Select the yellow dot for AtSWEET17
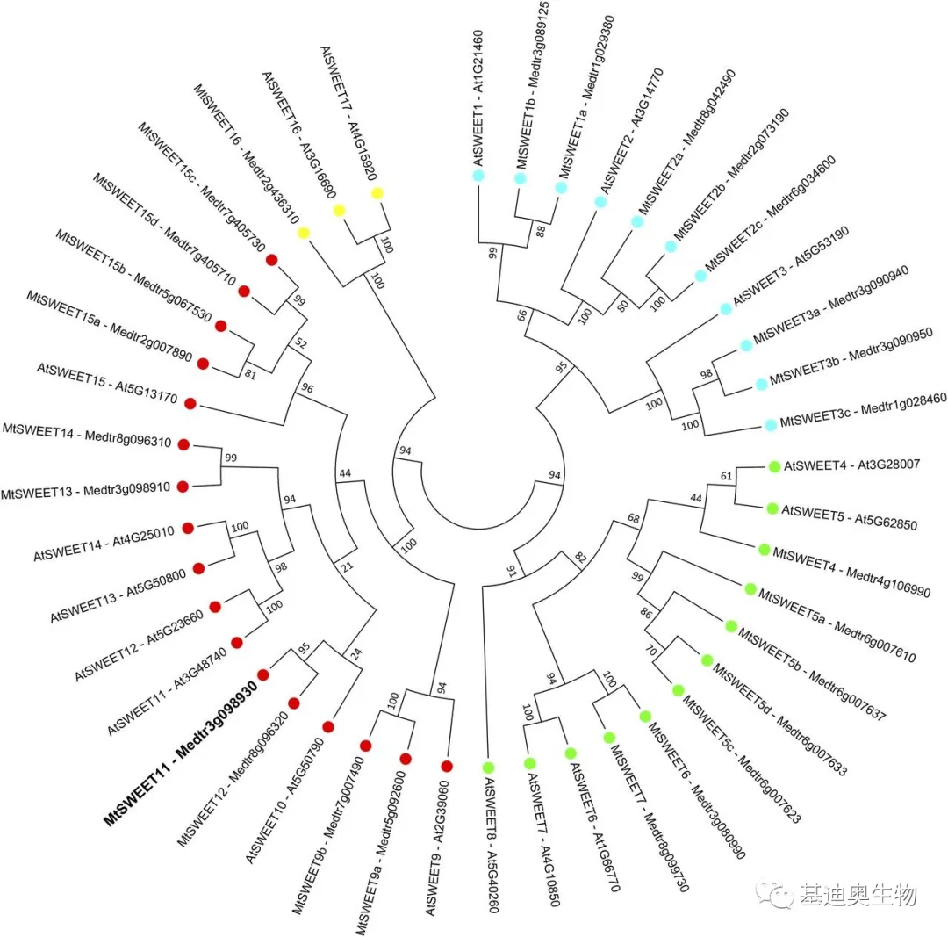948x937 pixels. [x=377, y=193]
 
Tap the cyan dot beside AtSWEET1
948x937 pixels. [x=478, y=176]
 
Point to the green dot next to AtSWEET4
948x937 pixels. [x=774, y=465]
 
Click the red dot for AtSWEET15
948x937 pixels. [x=190, y=403]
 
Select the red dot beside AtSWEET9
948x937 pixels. [x=447, y=766]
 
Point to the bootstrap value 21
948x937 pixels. [x=348, y=566]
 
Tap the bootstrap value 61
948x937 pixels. [x=726, y=477]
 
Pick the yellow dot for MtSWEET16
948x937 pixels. [x=304, y=233]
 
